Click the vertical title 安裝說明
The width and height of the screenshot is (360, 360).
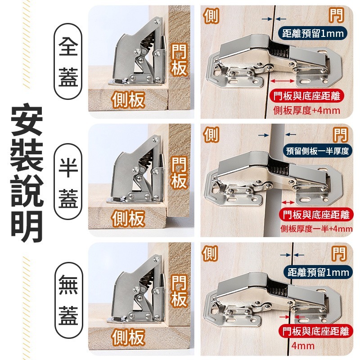point(27,174)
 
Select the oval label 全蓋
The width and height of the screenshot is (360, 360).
point(68,61)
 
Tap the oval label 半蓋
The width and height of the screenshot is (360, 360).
point(68,182)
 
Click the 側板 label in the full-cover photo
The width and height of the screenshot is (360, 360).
point(128,99)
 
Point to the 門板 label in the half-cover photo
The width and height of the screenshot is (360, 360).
point(179,173)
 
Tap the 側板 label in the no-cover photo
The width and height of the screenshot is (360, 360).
point(128,337)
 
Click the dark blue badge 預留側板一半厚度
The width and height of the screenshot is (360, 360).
point(318,151)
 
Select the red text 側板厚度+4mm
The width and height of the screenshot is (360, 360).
point(306,111)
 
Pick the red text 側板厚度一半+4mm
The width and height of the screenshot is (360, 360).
point(316,229)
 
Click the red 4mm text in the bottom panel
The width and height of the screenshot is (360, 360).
point(303,346)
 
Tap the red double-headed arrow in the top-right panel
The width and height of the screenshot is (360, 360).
point(283,81)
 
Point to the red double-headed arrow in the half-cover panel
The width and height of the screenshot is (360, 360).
point(288,202)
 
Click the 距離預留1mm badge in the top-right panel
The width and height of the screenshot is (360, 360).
point(313,33)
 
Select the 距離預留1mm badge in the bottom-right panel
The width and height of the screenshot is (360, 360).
point(318,272)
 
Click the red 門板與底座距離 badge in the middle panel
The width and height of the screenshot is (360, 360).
point(316,215)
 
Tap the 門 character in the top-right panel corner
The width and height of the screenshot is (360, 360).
point(336,15)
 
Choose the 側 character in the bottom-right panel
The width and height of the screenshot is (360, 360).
point(210,253)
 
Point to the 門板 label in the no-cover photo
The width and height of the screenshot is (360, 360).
point(179,291)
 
